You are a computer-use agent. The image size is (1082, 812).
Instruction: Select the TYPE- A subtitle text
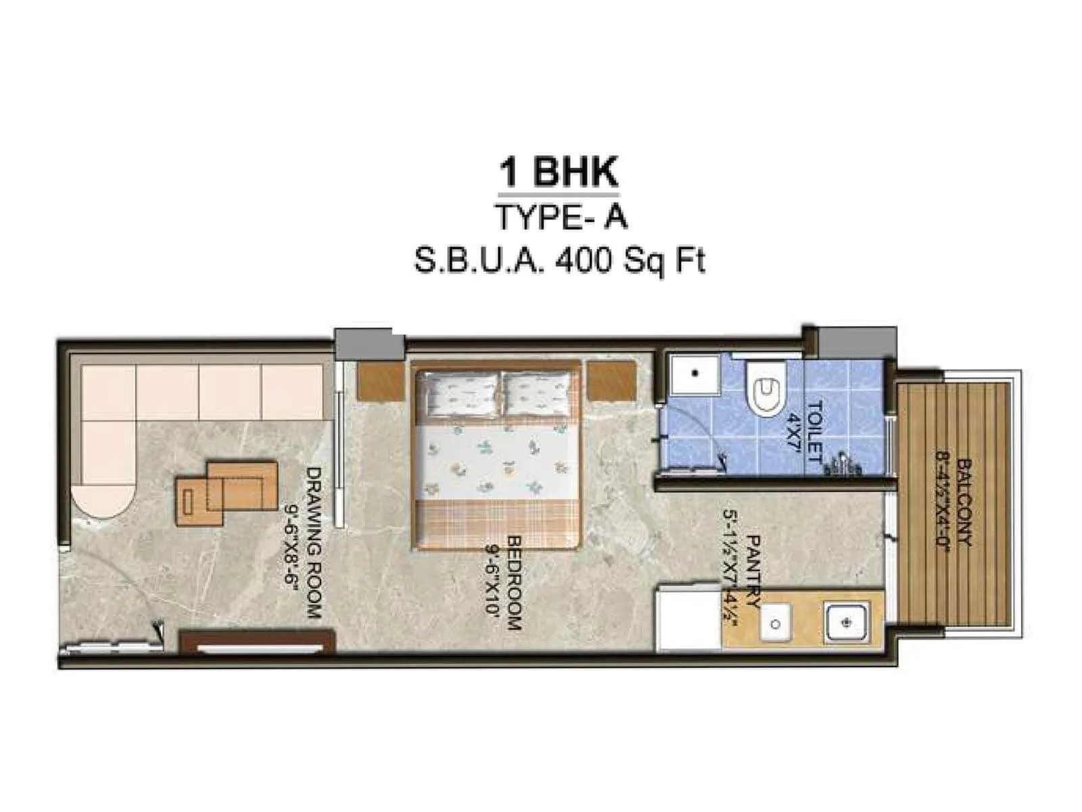(561, 217)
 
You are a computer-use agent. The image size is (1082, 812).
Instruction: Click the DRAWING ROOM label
(313, 541)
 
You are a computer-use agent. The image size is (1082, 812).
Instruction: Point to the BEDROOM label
(515, 583)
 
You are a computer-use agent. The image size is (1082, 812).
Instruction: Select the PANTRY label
(753, 572)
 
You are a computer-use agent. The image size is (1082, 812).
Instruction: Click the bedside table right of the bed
(611, 381)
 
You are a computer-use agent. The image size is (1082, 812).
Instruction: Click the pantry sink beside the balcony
(845, 621)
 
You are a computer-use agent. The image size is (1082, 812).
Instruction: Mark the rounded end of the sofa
(103, 499)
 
